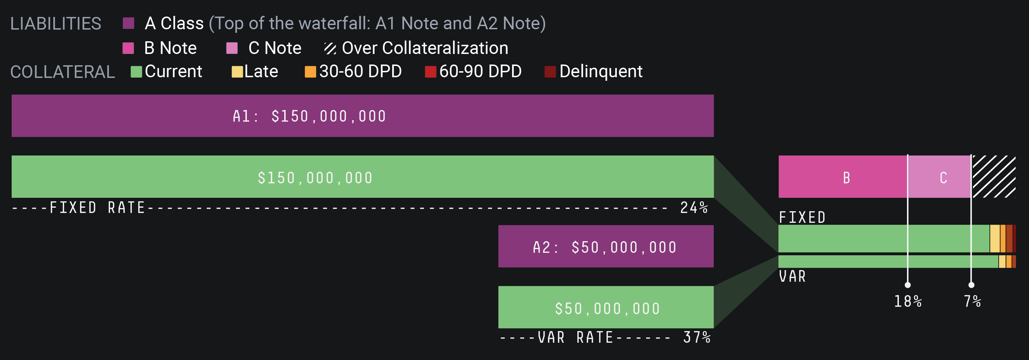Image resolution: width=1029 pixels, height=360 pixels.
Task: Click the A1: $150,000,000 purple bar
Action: [362, 116]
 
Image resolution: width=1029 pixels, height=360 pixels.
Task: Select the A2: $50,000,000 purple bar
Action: [605, 246]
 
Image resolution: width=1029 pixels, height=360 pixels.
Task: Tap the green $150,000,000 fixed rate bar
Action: [362, 177]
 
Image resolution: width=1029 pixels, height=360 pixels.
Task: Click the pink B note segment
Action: [843, 177]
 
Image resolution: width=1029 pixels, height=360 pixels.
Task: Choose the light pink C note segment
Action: [939, 177]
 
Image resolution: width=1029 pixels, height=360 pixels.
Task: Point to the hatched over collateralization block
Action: [994, 177]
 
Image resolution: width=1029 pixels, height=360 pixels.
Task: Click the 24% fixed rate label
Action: [694, 208]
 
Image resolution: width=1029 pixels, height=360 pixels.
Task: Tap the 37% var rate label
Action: [697, 338]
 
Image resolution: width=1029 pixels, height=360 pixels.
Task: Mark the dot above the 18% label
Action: [908, 285]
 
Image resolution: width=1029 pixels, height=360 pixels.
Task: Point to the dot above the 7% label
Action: [971, 285]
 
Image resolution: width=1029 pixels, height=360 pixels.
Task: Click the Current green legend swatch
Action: [136, 72]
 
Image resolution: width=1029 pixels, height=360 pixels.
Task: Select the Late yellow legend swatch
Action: [237, 72]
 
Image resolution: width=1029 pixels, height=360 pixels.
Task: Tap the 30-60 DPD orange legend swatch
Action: [310, 72]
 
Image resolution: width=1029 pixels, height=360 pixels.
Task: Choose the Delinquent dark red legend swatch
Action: [550, 72]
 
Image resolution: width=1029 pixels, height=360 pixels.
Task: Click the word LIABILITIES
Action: [55, 24]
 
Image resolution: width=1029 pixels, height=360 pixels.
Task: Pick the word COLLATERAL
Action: [62, 72]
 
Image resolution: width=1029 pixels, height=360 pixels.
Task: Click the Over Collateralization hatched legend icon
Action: [330, 48]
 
